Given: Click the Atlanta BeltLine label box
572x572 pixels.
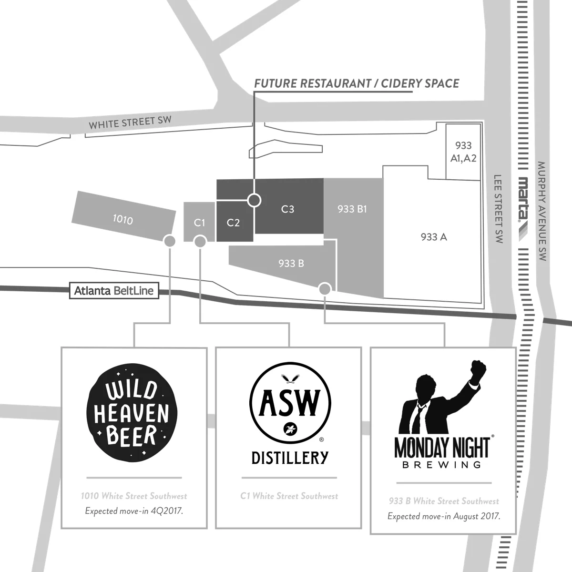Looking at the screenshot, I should pos(114,290).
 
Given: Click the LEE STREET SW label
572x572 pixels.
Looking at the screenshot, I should pos(499,209).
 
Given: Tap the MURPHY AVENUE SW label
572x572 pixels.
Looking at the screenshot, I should pos(541,211).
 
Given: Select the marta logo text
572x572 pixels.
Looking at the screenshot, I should pos(523,199).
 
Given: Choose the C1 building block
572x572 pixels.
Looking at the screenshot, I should pos(199,223).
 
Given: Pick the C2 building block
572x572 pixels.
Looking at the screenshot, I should pos(233,223).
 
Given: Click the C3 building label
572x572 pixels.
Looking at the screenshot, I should pos(287,209).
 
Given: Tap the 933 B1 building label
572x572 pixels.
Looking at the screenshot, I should pos(352,209).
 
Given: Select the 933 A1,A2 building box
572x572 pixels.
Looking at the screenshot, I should pos(463,152).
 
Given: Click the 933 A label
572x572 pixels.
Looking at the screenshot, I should pos(434,236).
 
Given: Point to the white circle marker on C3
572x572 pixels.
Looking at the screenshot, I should pos(255,200).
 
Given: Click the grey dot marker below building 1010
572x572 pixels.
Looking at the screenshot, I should pos(168,241).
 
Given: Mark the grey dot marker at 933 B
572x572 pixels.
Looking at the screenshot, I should pos(325,288).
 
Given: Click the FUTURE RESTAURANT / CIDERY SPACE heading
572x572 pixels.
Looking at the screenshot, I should pos(357,84).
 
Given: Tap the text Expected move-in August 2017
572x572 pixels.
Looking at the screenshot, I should pos(444,516).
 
